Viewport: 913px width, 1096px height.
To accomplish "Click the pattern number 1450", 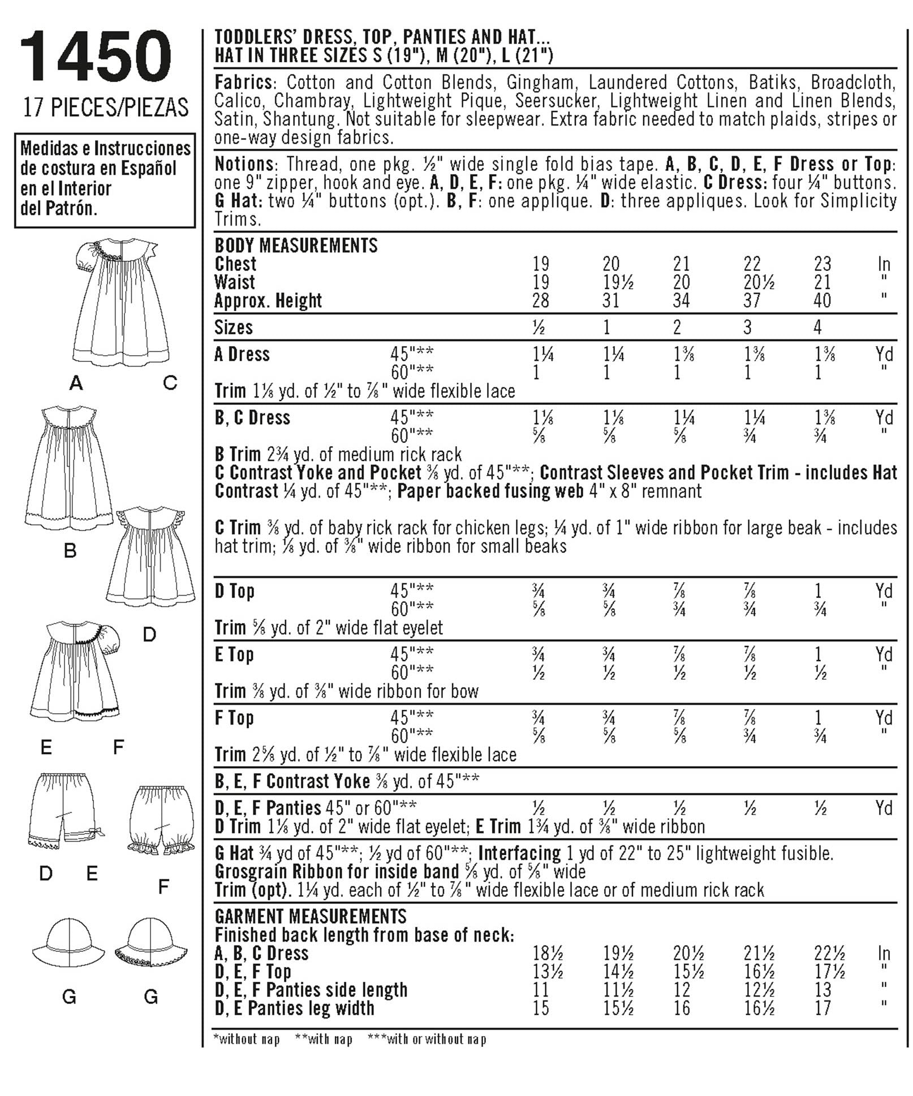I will point(95,57).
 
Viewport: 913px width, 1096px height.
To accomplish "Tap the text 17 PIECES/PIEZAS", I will point(106,107).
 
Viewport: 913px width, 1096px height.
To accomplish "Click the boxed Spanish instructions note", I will point(105,179).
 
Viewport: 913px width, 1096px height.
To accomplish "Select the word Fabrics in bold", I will point(243,83).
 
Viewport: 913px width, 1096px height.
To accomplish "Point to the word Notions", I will point(244,165).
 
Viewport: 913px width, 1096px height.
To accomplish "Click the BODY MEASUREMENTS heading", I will point(296,245).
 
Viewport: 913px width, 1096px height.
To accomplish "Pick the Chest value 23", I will point(822,264).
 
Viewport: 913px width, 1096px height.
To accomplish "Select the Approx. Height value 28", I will point(540,300).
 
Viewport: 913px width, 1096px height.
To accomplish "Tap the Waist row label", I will point(234,282).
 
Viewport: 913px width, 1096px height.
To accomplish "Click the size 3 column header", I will point(748,327).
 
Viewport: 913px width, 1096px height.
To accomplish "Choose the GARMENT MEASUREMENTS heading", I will point(311,916).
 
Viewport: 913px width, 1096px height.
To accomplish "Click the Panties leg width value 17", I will point(822,1008).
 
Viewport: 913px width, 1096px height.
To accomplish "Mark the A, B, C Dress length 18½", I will point(548,953).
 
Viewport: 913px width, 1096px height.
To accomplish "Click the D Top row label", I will point(234,591).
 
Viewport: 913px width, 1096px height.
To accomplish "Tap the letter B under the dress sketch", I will point(70,550).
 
